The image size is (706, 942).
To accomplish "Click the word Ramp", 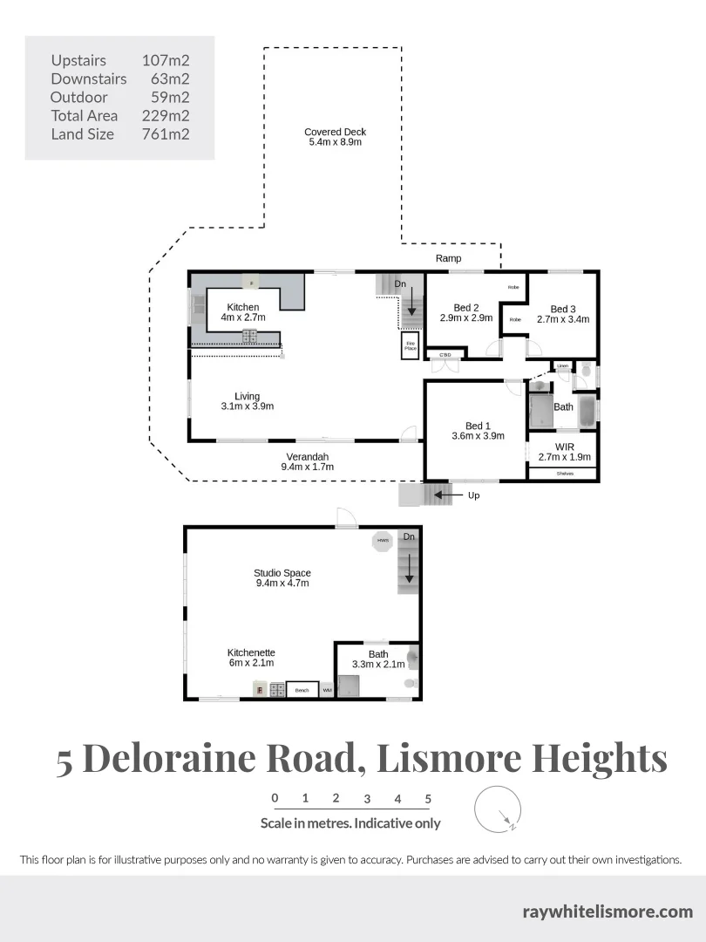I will (448, 259).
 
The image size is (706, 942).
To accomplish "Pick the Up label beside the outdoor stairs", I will (473, 495).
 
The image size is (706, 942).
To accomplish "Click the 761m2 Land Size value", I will (166, 134).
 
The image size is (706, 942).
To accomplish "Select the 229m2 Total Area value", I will (166, 116).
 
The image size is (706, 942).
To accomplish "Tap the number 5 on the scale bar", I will (428, 798).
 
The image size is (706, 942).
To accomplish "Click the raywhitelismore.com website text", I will (608, 912).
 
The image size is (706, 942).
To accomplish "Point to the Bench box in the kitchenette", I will (302, 691).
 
